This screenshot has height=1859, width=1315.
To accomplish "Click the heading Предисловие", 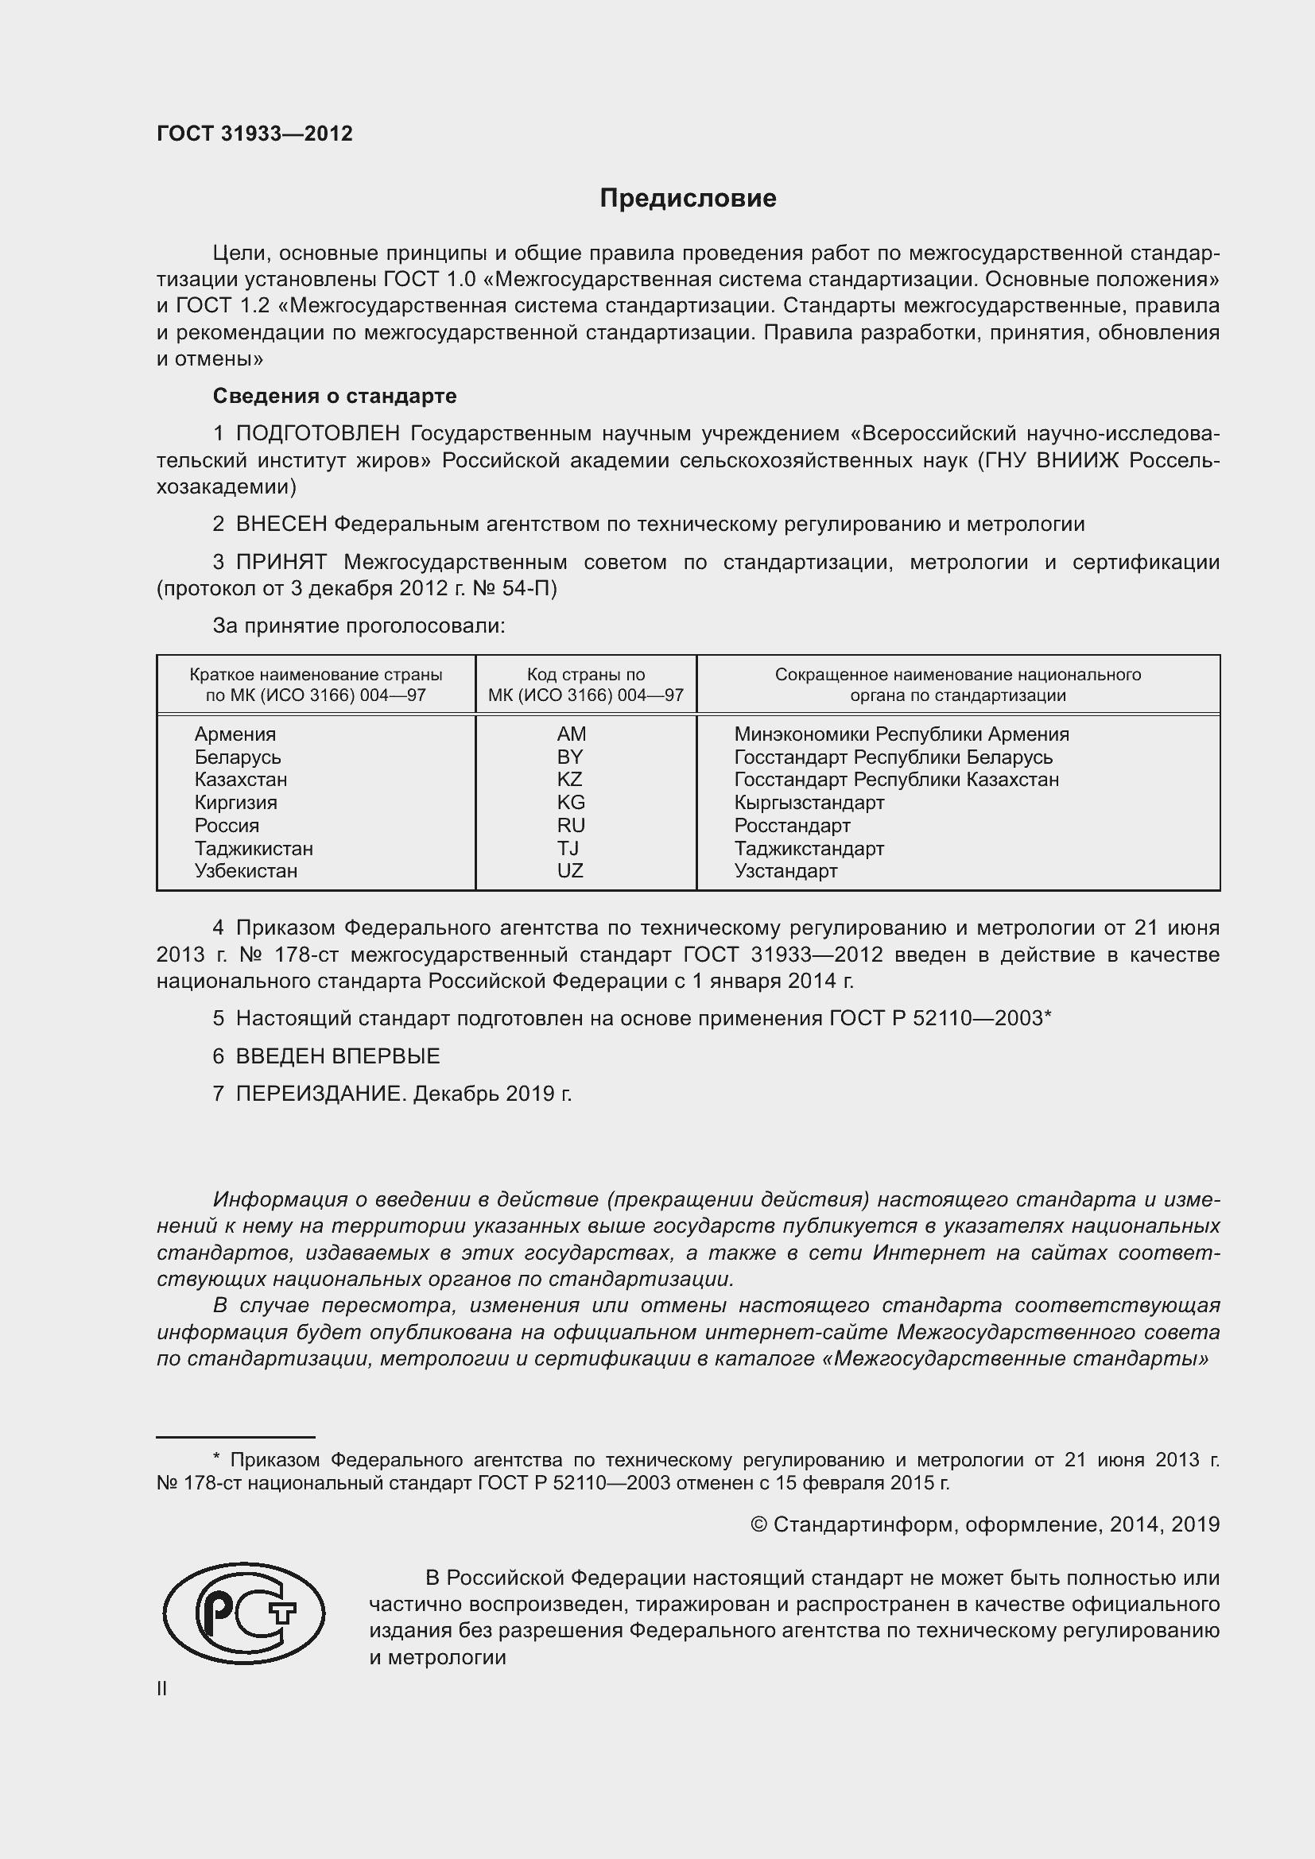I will pyautogui.click(x=688, y=199).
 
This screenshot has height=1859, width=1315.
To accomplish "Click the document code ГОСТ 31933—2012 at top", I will pyautogui.click(x=254, y=134).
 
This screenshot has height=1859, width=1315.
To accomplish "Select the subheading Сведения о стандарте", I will pyautogui.click(x=335, y=396).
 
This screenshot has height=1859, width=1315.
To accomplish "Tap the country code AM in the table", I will pyautogui.click(x=571, y=734).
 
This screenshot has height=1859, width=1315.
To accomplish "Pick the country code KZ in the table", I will pyautogui.click(x=570, y=780).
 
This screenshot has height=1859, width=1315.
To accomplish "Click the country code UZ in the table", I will pyautogui.click(x=570, y=871).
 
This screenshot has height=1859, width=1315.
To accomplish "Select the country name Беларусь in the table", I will pyautogui.click(x=237, y=757).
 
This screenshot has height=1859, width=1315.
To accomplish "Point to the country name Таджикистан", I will pyautogui.click(x=254, y=849).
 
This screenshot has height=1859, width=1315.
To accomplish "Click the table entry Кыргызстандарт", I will pyautogui.click(x=809, y=804).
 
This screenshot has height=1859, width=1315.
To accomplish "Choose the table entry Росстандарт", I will pyautogui.click(x=792, y=826).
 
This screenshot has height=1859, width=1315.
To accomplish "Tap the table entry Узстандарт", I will pyautogui.click(x=786, y=871).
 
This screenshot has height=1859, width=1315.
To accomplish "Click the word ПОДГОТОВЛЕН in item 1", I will pyautogui.click(x=317, y=434).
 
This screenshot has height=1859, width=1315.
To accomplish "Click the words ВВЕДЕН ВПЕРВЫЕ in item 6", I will pyautogui.click(x=338, y=1056).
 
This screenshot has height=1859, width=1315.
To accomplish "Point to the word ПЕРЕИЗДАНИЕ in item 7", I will pyautogui.click(x=319, y=1094).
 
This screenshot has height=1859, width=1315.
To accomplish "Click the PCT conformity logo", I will pyautogui.click(x=244, y=1613).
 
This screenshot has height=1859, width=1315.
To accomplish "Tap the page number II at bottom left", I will pyautogui.click(x=162, y=1689).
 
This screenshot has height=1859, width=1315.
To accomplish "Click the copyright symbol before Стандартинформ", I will pyautogui.click(x=758, y=1525).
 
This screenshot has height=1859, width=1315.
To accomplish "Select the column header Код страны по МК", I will pyautogui.click(x=585, y=684).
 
